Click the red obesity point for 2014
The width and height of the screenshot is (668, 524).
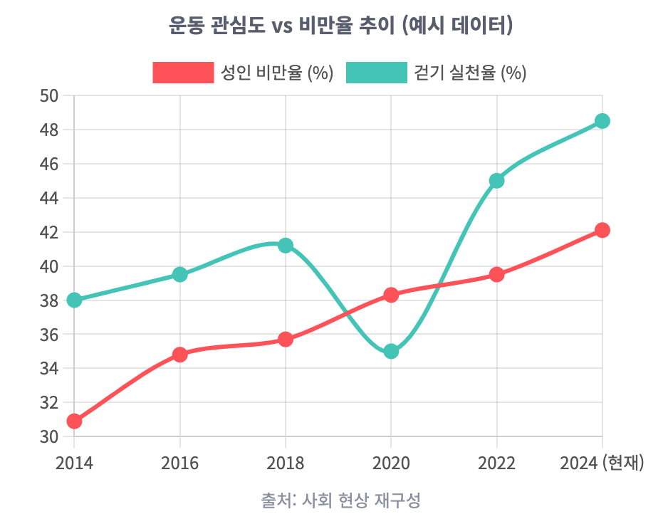tap(74, 421)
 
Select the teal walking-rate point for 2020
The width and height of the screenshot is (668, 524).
tap(391, 351)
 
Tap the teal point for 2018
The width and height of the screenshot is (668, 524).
tap(286, 246)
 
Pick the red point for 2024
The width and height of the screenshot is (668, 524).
tap(602, 230)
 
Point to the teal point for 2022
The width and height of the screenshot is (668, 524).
tap(497, 181)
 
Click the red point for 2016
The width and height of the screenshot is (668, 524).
tap(180, 355)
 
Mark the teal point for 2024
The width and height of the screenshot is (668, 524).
tap(602, 121)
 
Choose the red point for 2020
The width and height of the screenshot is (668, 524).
tap(391, 295)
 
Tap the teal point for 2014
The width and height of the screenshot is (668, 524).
tap(74, 300)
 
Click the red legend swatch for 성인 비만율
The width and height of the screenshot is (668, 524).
tap(183, 73)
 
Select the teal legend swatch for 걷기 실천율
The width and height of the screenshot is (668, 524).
tap(376, 73)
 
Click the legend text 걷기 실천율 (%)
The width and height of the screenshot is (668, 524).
tap(470, 73)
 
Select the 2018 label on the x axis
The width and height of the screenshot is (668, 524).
tap(286, 463)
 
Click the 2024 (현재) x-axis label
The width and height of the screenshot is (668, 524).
tap(602, 463)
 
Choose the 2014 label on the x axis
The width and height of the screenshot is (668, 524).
tap(74, 463)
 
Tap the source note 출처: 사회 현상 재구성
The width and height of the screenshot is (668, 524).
tap(341, 500)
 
